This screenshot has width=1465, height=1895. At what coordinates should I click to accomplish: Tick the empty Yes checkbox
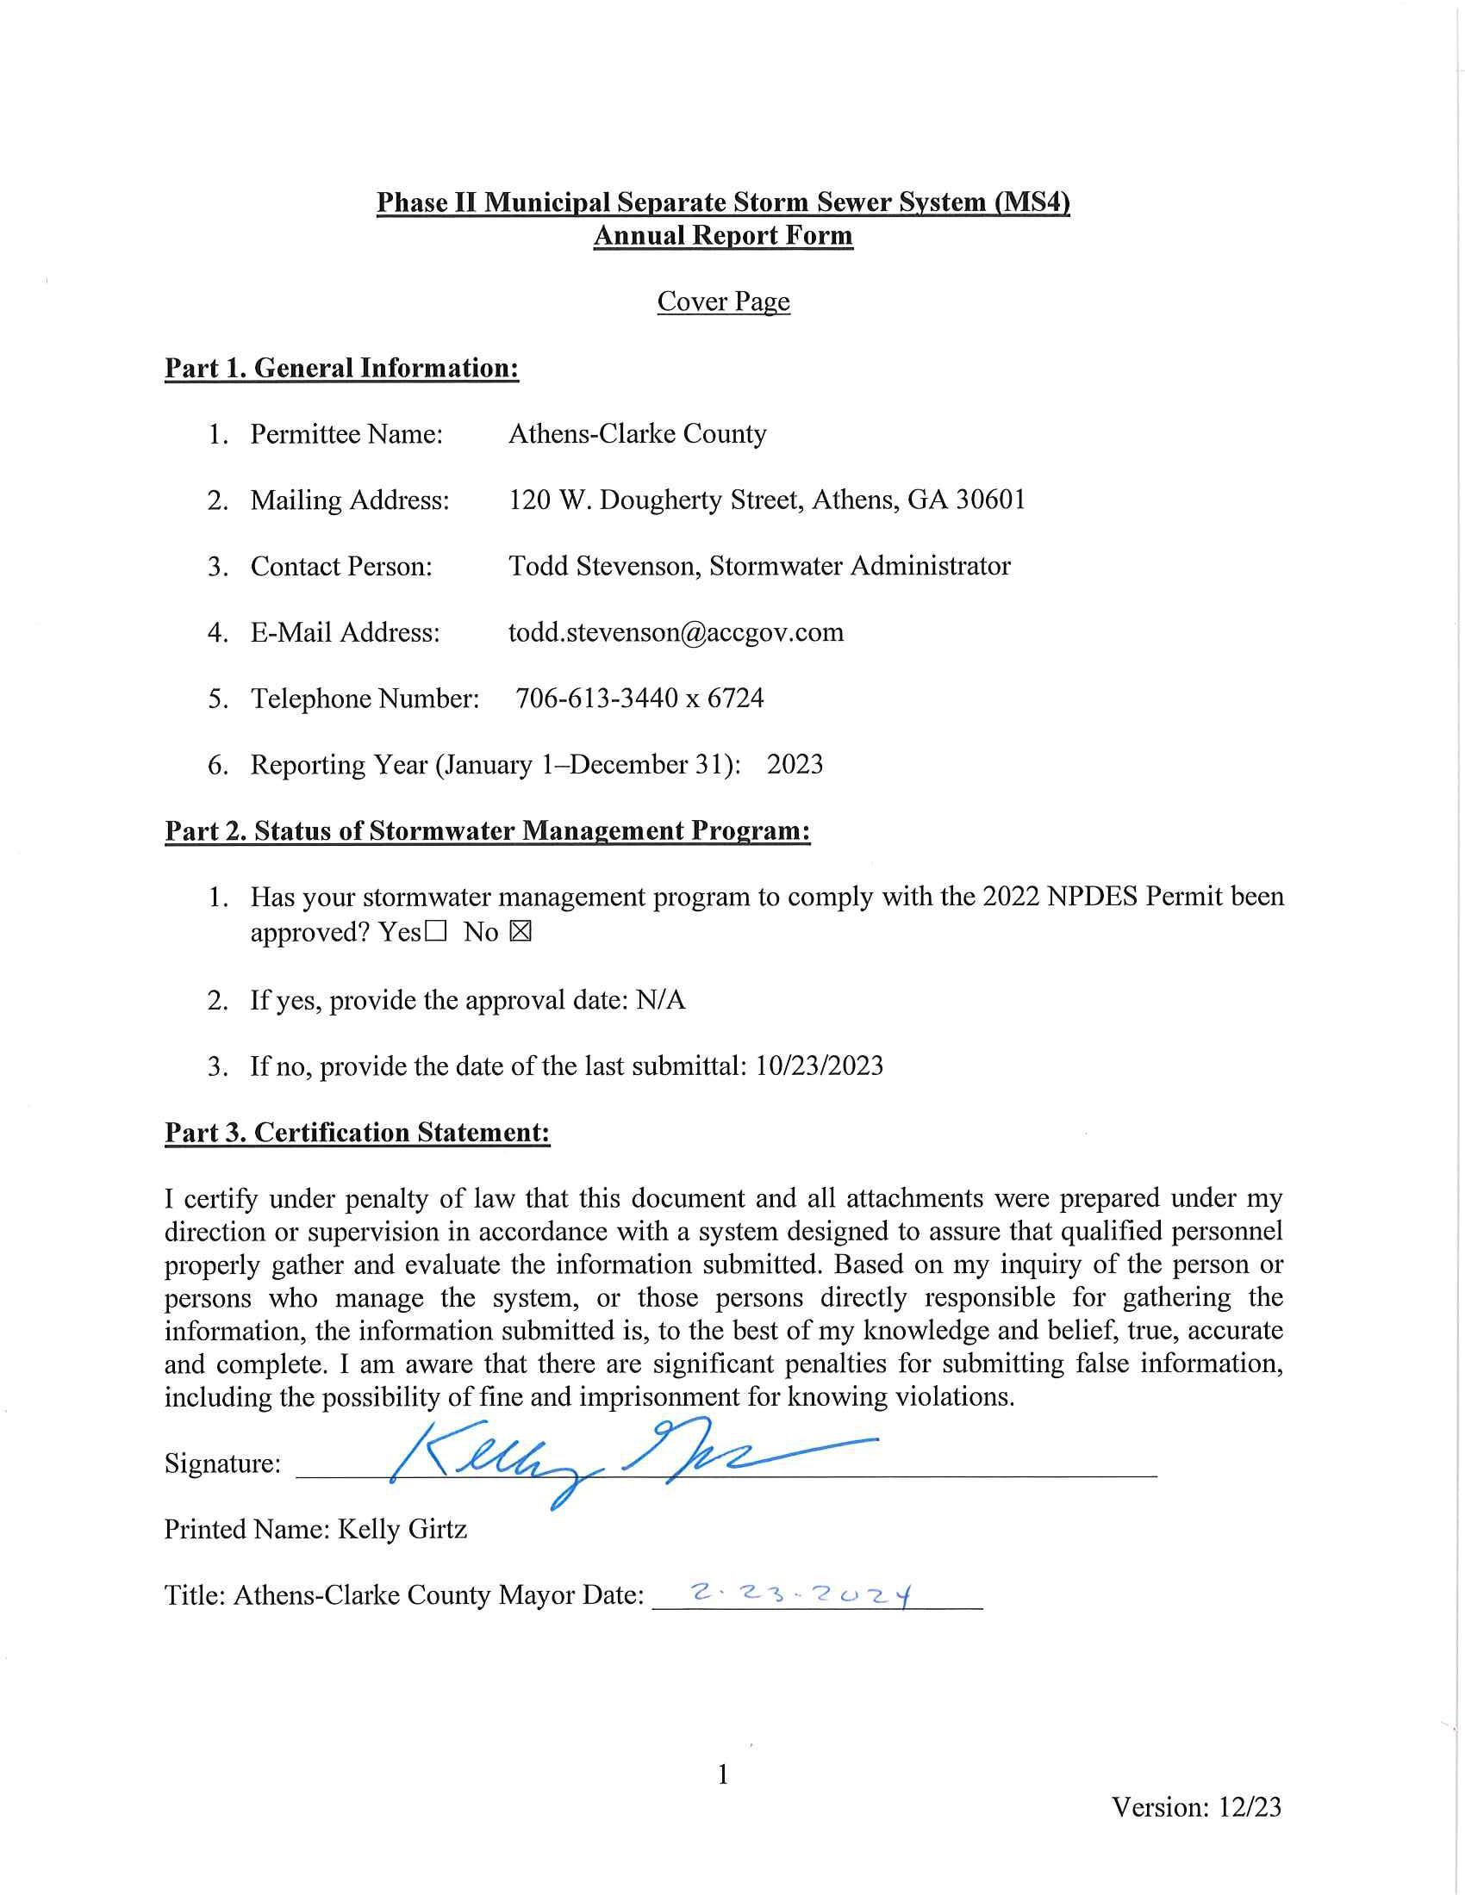pyautogui.click(x=436, y=933)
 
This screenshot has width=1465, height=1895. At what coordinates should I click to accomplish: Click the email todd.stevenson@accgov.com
pyautogui.click(x=676, y=631)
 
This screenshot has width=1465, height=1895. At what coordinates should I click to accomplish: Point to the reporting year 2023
pyautogui.click(x=795, y=764)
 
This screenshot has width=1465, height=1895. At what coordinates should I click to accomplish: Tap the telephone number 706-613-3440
pyautogui.click(x=596, y=699)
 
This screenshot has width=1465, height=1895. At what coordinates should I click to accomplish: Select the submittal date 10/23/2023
pyautogui.click(x=820, y=1066)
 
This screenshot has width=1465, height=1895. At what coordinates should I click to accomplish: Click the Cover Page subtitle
pyautogui.click(x=723, y=301)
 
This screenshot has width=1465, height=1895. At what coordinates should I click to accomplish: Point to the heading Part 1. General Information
pyautogui.click(x=342, y=368)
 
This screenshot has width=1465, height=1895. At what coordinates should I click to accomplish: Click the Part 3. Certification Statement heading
pyautogui.click(x=358, y=1133)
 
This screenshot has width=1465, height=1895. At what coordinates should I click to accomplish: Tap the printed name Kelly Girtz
pyautogui.click(x=402, y=1528)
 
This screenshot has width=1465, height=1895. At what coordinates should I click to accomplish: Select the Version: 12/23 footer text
pyautogui.click(x=1196, y=1806)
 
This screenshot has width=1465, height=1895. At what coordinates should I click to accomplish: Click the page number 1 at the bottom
pyautogui.click(x=723, y=1774)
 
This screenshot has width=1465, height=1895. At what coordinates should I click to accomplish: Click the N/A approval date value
pyautogui.click(x=660, y=999)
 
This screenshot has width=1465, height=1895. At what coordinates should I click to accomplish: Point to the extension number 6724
pyautogui.click(x=735, y=699)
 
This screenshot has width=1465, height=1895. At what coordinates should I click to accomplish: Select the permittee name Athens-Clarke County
pyautogui.click(x=637, y=434)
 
